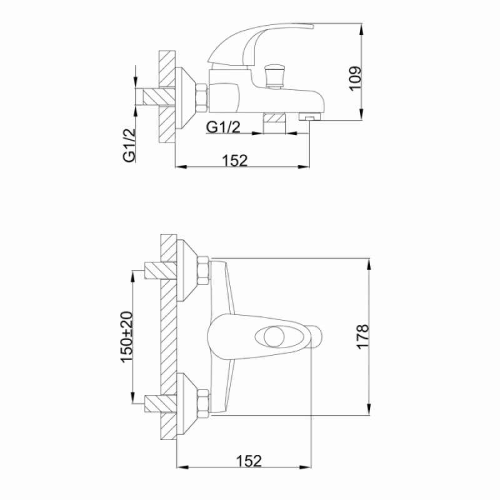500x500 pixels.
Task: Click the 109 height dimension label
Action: coord(356,79)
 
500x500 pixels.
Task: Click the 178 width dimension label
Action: coord(363,337)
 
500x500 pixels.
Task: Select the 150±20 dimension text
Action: coord(127,337)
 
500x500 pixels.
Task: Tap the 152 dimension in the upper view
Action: coord(235,161)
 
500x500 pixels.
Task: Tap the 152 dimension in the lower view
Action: coord(249,461)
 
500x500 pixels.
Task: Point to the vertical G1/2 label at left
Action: coord(129,146)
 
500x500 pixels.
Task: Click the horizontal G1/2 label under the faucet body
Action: coord(223,127)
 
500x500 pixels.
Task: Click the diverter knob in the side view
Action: coord(274,76)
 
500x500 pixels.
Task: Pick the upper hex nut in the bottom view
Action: coord(204,271)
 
